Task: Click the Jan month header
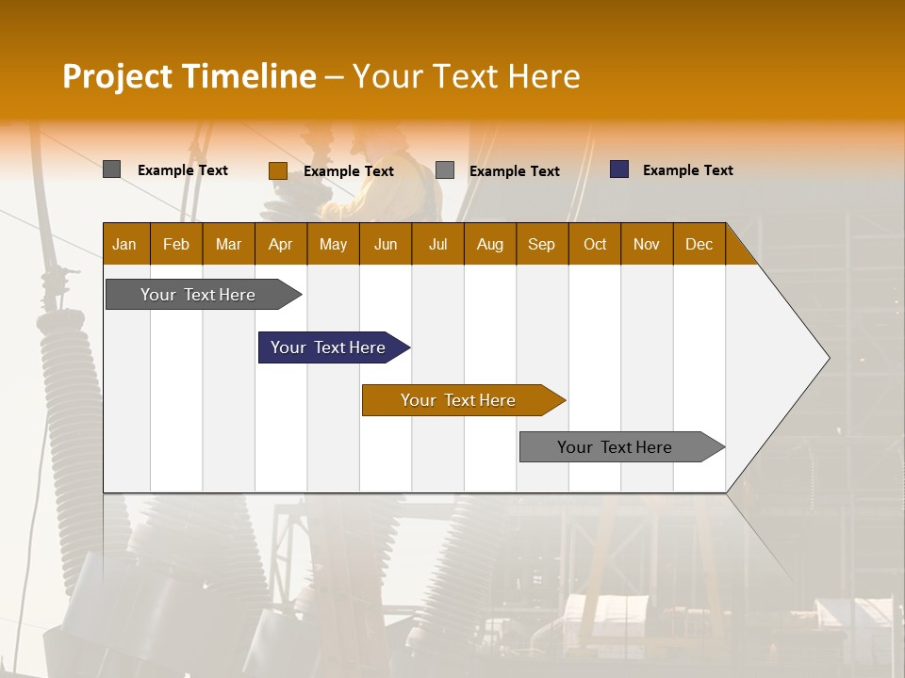(124, 244)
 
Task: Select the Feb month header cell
(176, 244)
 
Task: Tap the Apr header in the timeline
(280, 244)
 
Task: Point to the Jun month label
(386, 244)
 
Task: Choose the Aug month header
(489, 244)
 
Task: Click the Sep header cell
(541, 244)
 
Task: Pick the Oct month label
(595, 244)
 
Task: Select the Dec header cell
(699, 244)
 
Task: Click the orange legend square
(277, 170)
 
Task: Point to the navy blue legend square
(619, 169)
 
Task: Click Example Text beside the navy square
(687, 170)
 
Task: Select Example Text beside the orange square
(348, 171)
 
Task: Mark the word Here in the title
(544, 76)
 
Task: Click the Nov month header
(647, 244)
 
